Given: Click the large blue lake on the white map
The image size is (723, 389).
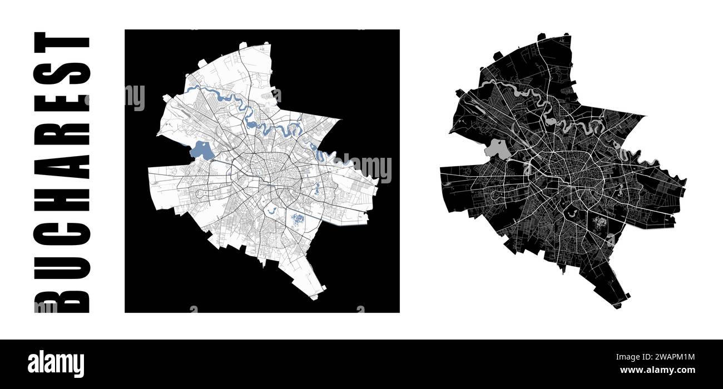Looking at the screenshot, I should [201, 151].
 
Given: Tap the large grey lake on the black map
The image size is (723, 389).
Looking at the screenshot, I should [497, 148].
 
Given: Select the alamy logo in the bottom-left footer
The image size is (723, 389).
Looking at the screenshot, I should [56, 363].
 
